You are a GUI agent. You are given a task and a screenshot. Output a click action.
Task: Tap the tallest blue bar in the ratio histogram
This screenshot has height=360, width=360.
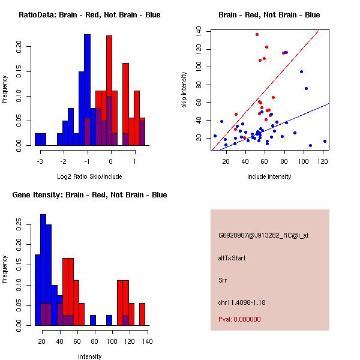[87, 90]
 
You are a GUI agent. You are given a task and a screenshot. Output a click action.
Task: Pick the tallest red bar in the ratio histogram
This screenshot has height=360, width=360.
[109, 90]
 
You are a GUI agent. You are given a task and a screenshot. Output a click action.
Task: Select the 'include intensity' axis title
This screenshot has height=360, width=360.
[270, 176]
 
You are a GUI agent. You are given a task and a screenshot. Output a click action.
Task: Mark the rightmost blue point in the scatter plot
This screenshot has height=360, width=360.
[325, 141]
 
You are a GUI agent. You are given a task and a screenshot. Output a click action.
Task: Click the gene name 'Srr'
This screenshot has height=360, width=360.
[223, 280]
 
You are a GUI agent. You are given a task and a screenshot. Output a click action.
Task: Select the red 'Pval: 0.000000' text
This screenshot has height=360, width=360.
[240, 319]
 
